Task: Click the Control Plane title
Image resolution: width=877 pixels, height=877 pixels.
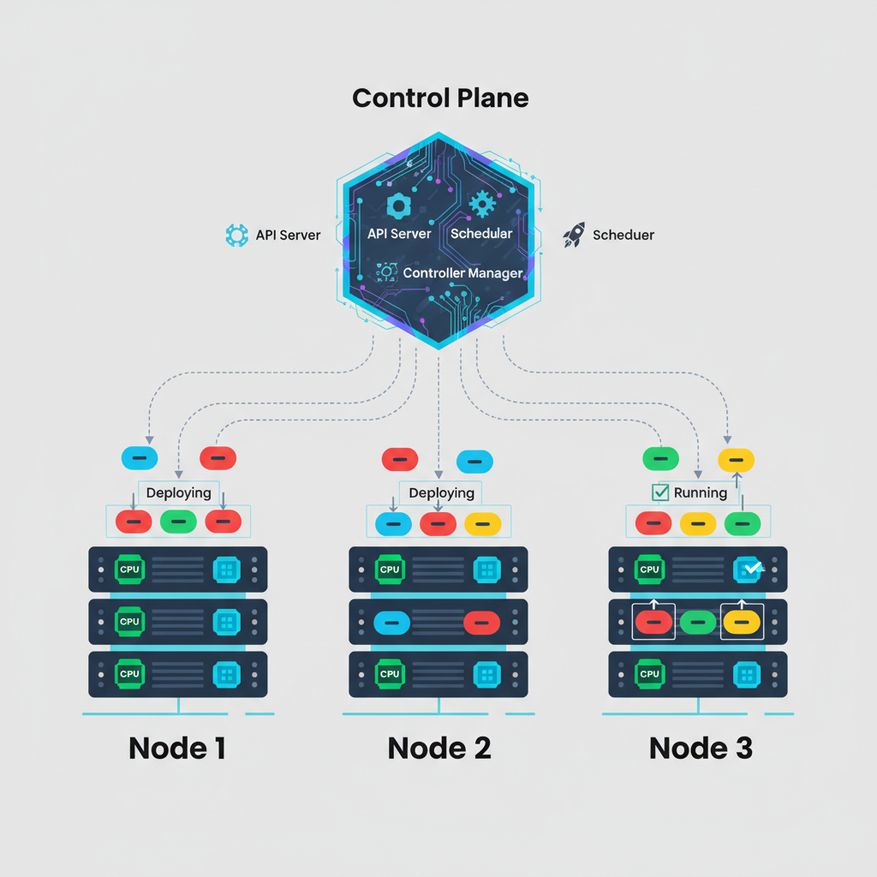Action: click(x=440, y=98)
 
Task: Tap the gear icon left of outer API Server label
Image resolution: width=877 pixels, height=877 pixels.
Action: click(x=236, y=236)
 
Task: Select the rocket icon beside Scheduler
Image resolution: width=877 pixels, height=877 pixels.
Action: click(x=574, y=236)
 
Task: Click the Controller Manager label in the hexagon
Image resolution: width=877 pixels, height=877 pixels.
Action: click(x=462, y=273)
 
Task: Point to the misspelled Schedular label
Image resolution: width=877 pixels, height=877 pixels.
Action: click(x=481, y=233)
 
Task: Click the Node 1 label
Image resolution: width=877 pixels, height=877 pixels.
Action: click(x=177, y=748)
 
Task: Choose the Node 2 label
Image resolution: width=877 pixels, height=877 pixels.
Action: click(x=439, y=748)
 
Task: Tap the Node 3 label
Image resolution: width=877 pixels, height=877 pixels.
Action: click(x=701, y=748)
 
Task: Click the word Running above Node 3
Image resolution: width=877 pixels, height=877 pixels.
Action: click(x=701, y=492)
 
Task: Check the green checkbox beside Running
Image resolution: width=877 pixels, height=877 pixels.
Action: click(x=660, y=492)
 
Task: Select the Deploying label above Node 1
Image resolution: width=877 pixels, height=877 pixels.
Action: click(x=178, y=492)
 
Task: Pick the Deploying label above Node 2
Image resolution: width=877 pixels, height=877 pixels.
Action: click(x=441, y=492)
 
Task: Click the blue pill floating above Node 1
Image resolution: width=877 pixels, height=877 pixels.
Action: click(x=140, y=458)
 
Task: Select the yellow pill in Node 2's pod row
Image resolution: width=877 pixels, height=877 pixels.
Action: click(x=482, y=523)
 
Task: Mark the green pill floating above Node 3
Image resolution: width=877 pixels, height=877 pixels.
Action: click(x=660, y=458)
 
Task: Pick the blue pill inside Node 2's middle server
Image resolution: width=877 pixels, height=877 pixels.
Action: click(x=392, y=622)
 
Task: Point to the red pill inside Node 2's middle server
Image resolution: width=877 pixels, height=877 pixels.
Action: click(x=481, y=623)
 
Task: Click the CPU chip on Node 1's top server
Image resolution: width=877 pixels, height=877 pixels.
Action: click(x=129, y=568)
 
